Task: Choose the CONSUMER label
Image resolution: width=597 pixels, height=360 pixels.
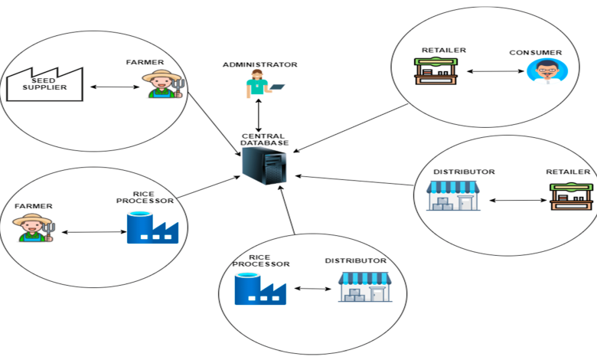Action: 536,53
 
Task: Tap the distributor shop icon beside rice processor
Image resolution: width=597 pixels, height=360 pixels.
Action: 364,286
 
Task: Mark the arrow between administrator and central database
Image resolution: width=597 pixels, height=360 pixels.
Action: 259,115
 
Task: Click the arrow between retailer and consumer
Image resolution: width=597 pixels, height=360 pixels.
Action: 491,74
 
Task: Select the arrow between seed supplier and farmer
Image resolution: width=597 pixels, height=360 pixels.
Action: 114,87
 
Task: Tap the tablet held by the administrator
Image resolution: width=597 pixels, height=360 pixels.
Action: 277,86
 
